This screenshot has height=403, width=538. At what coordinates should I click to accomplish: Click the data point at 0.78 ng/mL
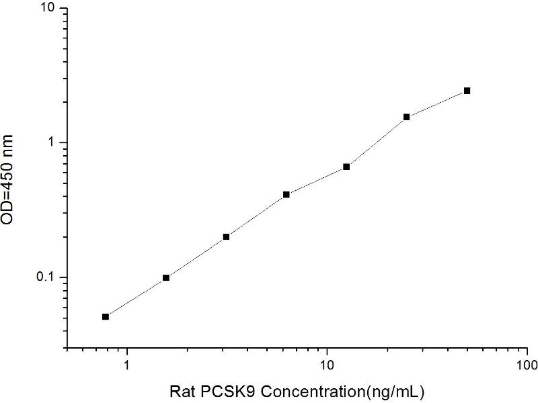(106, 316)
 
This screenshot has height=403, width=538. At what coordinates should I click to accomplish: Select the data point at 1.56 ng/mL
(166, 277)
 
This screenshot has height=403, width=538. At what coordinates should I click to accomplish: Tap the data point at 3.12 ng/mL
(226, 236)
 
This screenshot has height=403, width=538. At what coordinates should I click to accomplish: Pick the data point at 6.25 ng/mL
(286, 195)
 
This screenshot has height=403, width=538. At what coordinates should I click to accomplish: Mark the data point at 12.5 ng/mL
(346, 167)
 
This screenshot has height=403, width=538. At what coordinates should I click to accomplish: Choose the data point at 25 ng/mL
(407, 117)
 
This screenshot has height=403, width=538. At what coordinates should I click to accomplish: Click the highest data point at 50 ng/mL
(467, 91)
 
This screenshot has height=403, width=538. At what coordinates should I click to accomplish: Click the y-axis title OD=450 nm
(11, 179)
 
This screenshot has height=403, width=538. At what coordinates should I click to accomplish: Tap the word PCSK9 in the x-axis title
(232, 390)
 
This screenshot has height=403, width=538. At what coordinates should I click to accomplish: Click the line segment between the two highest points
(437, 103)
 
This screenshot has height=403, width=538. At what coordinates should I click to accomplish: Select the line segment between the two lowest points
(136, 297)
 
